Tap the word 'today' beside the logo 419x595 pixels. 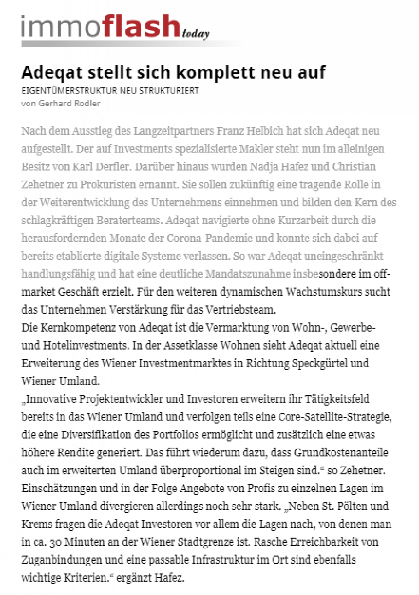tap(196, 34)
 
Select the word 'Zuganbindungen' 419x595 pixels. tap(57, 558)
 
